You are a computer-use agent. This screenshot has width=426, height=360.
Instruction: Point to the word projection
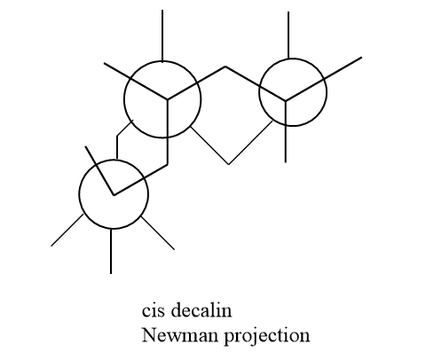[267, 337]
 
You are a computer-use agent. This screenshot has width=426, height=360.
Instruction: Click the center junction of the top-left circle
[168, 99]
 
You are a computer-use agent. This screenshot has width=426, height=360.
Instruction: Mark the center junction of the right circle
[286, 101]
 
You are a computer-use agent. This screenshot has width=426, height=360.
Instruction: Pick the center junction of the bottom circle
[114, 194]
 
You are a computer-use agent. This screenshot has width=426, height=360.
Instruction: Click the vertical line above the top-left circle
[162, 36]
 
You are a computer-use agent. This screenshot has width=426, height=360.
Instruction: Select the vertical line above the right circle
[288, 35]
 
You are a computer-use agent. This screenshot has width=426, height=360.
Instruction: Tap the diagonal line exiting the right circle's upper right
[343, 68]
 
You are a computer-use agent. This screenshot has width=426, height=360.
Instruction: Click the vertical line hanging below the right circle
[286, 145]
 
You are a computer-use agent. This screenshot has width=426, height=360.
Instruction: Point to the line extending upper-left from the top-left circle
[117, 71]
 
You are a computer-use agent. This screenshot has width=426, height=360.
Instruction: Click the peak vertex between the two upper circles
[225, 67]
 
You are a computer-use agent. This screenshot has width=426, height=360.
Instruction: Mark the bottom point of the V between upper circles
[229, 164]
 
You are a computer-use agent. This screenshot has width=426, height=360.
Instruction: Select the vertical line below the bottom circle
[111, 252]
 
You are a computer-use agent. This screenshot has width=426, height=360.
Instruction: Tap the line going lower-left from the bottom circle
[67, 230]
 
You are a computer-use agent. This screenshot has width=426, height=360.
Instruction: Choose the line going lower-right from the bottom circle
[158, 233]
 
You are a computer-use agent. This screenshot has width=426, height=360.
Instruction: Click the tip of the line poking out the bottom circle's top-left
[85, 146]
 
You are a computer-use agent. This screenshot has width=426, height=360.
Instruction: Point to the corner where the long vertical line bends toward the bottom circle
[168, 165]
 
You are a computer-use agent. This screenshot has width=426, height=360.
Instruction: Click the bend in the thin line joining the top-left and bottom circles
[117, 137]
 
